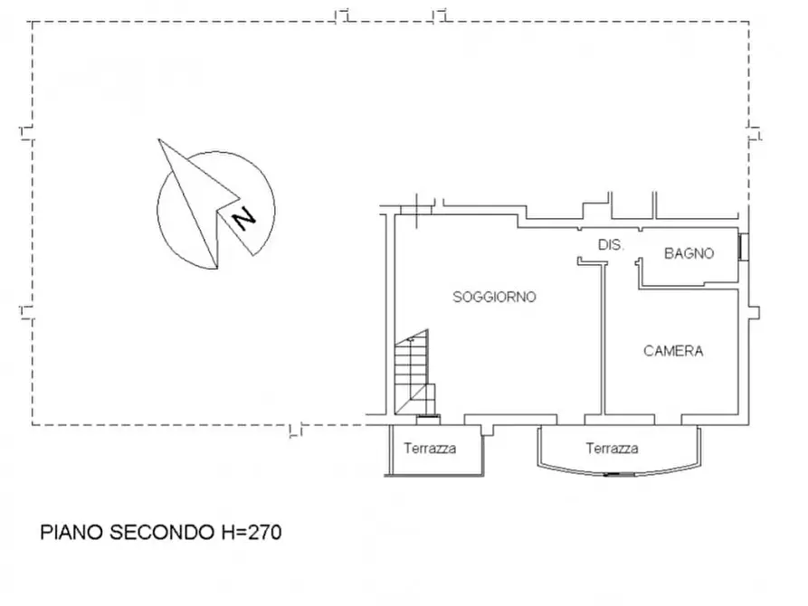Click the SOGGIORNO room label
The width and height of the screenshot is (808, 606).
(x=494, y=297)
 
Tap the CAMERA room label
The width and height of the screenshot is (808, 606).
(x=673, y=351)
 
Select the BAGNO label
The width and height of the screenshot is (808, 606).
(x=689, y=253)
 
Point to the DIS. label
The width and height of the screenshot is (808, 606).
(x=611, y=245)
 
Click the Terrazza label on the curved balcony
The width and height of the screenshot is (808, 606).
(x=612, y=449)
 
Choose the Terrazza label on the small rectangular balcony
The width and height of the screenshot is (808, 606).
(x=430, y=449)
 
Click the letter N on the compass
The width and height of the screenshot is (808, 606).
(x=243, y=219)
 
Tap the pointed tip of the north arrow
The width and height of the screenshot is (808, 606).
(x=158, y=139)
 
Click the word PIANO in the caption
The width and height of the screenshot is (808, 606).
(x=71, y=533)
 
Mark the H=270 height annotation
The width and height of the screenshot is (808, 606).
(x=252, y=533)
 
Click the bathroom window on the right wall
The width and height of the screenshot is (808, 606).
(x=744, y=247)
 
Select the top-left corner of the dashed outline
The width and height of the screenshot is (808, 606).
(x=33, y=22)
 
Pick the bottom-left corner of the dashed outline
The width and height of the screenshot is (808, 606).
(x=33, y=424)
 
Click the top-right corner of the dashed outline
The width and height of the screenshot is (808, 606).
(x=749, y=22)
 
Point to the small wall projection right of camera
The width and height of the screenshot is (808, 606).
(x=754, y=313)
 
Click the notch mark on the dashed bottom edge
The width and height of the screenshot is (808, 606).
(x=295, y=431)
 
